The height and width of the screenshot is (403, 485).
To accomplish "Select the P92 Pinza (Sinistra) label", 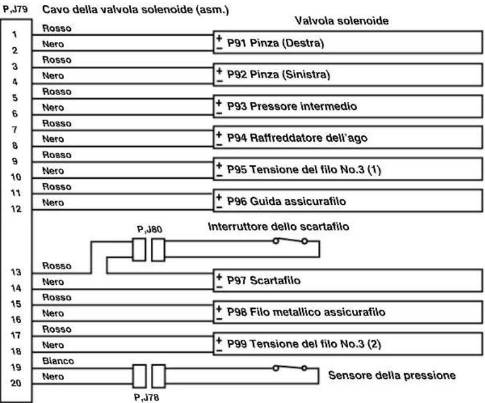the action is (x=279, y=75).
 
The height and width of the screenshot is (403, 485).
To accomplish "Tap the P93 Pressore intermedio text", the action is (x=292, y=106).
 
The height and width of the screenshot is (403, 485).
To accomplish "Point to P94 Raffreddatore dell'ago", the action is (x=297, y=138).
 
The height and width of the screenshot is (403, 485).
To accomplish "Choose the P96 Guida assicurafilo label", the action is (x=286, y=201).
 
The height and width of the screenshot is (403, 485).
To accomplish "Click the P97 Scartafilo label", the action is (x=263, y=280).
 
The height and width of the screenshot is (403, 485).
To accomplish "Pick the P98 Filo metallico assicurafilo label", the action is (x=306, y=311).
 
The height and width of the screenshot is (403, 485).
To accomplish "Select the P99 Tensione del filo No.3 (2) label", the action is (x=304, y=344).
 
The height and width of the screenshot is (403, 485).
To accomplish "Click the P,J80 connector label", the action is (x=150, y=229).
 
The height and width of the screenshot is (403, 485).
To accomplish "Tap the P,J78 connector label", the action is (x=147, y=397).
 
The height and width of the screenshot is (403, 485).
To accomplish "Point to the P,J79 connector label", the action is (x=15, y=9).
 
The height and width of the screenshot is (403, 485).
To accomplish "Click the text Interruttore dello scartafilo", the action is (x=279, y=227).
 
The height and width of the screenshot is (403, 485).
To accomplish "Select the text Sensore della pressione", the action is (x=392, y=375).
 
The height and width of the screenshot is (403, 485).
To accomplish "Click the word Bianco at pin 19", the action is (x=58, y=361).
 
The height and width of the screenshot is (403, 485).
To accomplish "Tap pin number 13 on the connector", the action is (x=16, y=272).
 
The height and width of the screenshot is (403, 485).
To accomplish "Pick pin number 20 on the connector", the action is (x=16, y=383).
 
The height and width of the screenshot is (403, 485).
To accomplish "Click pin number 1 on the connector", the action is (x=15, y=34).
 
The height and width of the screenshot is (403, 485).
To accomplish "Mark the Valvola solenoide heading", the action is (x=341, y=21).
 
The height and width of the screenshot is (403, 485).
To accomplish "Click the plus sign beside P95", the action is (x=219, y=165).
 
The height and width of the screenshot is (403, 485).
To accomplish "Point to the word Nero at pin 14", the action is (x=53, y=282).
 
